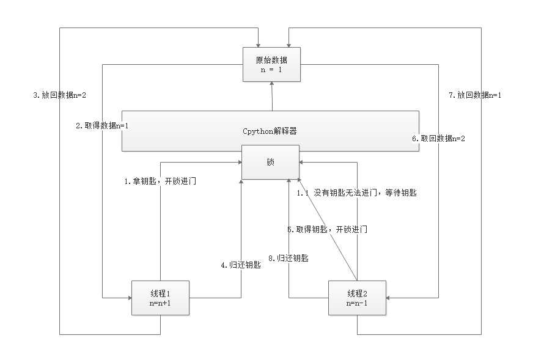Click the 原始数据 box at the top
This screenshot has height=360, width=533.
(x=271, y=64)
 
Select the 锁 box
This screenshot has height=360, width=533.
(x=270, y=162)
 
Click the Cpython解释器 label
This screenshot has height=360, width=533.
(x=270, y=131)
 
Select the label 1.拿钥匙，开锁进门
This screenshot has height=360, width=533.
(x=160, y=182)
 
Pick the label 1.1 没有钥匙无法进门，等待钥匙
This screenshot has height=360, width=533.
(x=357, y=193)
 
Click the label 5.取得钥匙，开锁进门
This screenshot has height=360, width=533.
(x=327, y=229)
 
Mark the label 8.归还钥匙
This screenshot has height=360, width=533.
(x=289, y=258)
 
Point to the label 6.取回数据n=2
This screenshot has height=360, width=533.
(x=438, y=139)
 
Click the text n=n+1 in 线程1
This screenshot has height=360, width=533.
(x=160, y=303)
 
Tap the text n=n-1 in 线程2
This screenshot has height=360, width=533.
(x=357, y=303)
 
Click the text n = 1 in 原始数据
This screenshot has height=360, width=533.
(x=271, y=70)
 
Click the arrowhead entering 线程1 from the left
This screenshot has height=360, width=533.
(x=129, y=297)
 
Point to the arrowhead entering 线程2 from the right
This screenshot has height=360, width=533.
(x=388, y=297)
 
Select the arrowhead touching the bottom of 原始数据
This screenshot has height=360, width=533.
(x=271, y=84)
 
